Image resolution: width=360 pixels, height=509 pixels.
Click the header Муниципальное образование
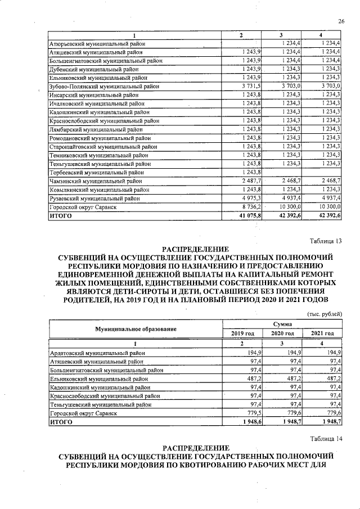tap(136, 328)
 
